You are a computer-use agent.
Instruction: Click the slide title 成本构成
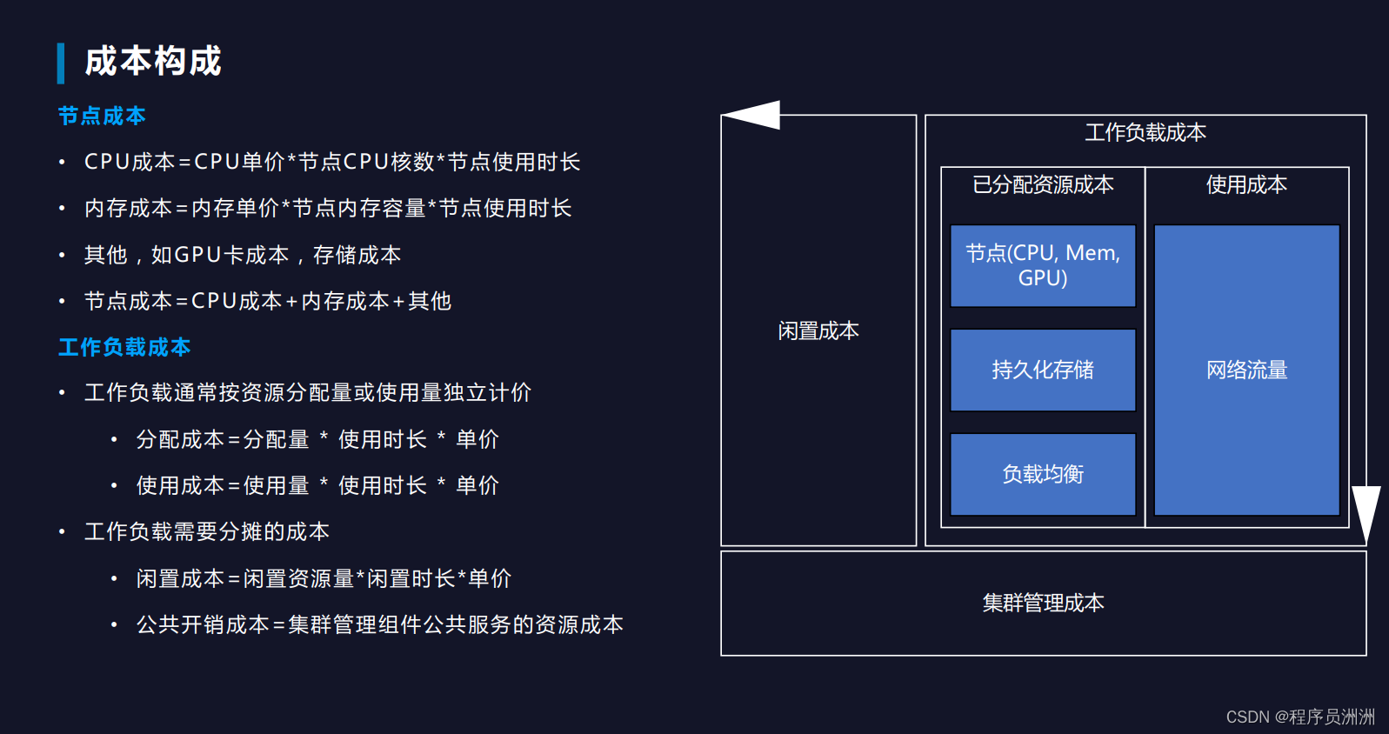(x=153, y=62)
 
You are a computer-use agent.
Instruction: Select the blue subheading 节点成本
(x=102, y=116)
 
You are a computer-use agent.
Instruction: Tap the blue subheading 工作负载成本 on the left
(x=124, y=347)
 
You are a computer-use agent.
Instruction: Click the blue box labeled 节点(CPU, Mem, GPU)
(x=1043, y=265)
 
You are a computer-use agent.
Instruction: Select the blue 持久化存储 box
(x=1043, y=370)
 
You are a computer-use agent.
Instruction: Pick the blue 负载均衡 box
(x=1043, y=474)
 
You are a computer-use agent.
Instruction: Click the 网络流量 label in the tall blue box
(x=1246, y=370)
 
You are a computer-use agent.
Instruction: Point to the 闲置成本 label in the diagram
(x=818, y=330)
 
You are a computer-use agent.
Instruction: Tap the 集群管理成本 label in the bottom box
(x=1043, y=603)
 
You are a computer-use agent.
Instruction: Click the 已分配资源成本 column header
(x=1043, y=184)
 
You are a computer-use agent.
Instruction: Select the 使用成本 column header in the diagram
(x=1246, y=184)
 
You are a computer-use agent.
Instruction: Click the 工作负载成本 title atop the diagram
(x=1145, y=132)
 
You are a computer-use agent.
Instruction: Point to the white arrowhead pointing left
(x=752, y=115)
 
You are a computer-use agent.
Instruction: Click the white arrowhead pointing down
(x=1366, y=512)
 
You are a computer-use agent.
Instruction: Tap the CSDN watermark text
(x=1300, y=717)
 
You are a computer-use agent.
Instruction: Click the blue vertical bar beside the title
(x=61, y=63)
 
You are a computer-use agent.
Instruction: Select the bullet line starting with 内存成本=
(x=328, y=208)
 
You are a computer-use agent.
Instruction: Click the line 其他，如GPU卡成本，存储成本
(x=243, y=255)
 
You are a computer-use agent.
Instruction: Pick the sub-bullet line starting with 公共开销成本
(x=379, y=624)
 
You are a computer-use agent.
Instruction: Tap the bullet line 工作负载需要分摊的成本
(x=207, y=531)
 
